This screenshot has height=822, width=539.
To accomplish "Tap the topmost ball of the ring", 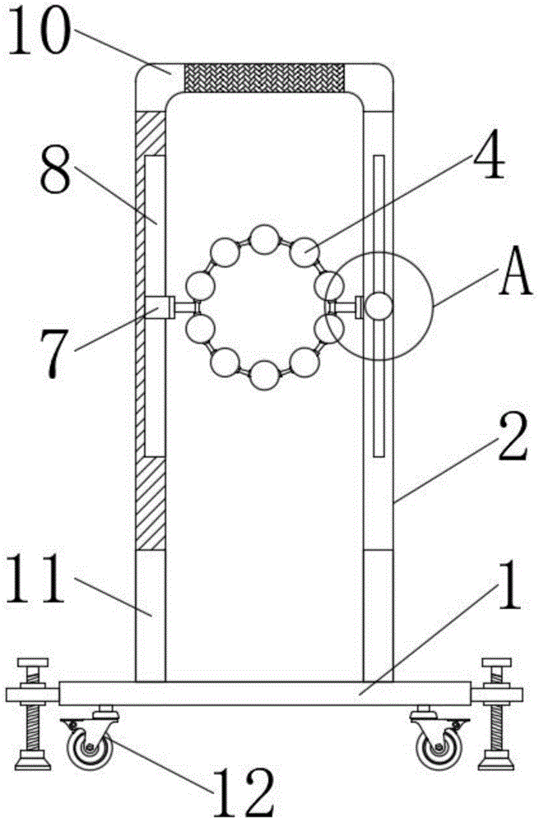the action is click(x=265, y=240).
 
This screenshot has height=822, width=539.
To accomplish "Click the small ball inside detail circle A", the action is click(x=379, y=307).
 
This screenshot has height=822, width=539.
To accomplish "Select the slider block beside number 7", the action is click(x=160, y=307).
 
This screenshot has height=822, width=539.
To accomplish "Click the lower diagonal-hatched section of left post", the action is click(x=151, y=504).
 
